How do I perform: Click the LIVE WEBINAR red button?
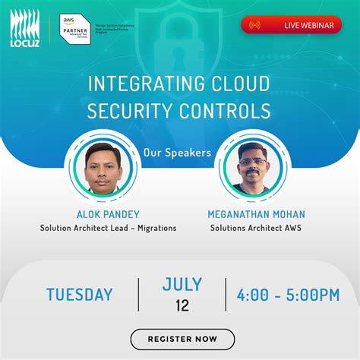point(291,25)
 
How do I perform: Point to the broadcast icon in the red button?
point(254,25)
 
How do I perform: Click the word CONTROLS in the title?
point(228,111)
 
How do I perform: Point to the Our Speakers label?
point(177,152)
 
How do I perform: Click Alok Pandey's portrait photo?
point(103,166)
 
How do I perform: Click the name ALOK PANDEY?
point(108,214)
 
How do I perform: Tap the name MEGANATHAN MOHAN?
point(256,214)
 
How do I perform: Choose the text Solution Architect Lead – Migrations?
point(108,228)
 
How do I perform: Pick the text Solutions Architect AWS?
point(256,228)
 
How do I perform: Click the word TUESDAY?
point(79,295)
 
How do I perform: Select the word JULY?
point(182,285)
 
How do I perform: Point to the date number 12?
point(182,307)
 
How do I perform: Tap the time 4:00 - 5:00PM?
point(288,295)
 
